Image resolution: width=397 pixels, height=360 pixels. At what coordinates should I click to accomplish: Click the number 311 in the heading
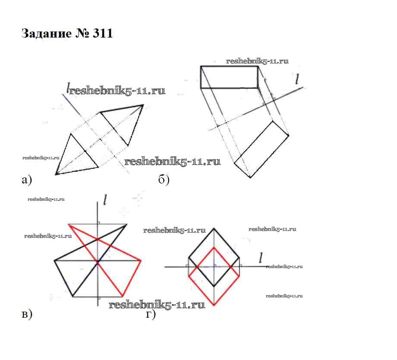(x=103, y=34)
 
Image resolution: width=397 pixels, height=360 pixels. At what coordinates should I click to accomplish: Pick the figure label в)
(x=26, y=314)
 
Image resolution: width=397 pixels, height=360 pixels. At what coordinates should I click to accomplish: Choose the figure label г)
(x=151, y=314)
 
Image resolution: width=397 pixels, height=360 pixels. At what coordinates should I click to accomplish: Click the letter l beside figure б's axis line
(x=297, y=79)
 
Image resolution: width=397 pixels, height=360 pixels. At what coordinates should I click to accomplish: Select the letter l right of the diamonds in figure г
(x=260, y=258)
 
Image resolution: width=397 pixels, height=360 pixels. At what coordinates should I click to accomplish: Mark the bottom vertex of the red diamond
(x=214, y=305)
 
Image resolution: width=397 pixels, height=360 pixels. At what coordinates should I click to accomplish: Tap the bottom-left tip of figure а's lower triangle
(x=56, y=174)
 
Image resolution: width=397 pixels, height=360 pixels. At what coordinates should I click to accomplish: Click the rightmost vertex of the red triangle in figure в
(x=142, y=261)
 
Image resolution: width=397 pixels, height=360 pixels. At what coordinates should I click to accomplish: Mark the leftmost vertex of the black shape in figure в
(x=55, y=261)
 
